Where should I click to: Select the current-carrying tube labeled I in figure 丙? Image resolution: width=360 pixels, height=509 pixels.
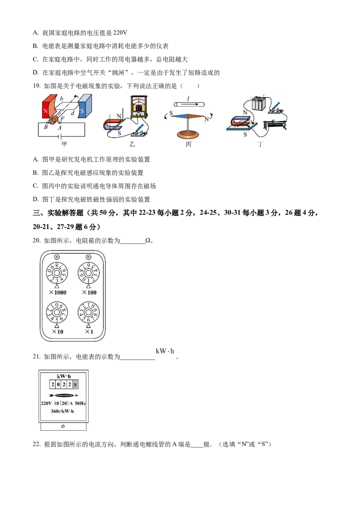click(x=189, y=104)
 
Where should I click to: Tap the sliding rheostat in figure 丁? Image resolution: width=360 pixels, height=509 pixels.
click(x=275, y=125)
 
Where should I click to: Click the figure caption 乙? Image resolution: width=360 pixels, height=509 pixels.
click(x=132, y=144)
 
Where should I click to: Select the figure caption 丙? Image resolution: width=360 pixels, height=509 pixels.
click(x=189, y=144)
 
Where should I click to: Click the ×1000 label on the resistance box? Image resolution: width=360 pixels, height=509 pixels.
click(x=58, y=292)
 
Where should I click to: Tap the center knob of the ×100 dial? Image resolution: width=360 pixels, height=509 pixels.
click(x=88, y=273)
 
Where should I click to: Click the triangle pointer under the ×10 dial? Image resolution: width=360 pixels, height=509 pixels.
click(x=57, y=326)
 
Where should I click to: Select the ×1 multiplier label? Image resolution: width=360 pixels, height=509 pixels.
click(x=89, y=332)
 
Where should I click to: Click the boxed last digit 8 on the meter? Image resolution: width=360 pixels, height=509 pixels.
click(x=76, y=384)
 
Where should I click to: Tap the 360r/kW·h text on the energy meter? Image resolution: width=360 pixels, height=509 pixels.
click(x=63, y=411)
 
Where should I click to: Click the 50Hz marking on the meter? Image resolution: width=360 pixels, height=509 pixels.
click(x=80, y=403)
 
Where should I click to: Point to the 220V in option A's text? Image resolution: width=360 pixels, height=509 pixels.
click(x=120, y=32)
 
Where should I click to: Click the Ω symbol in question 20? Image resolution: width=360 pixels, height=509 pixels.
click(x=148, y=241)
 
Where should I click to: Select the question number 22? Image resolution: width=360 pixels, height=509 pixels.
click(x=36, y=444)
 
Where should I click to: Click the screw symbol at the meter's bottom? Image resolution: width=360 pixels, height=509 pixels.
click(x=63, y=426)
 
